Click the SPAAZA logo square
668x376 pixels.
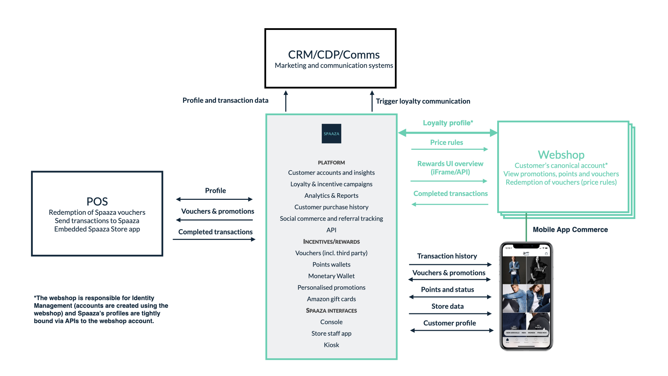tap(331, 134)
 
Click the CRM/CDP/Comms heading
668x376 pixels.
tap(334, 55)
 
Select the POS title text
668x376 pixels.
tap(97, 202)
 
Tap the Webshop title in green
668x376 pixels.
tap(561, 155)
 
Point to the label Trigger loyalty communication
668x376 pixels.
tap(423, 101)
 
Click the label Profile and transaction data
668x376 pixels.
tap(225, 101)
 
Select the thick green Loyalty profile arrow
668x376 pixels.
tap(447, 133)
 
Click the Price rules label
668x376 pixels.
tap(446, 142)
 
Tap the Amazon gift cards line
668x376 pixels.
tap(331, 299)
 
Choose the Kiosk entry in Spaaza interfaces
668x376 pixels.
tap(331, 345)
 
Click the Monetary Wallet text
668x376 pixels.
tap(331, 276)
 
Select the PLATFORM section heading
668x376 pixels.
tap(331, 163)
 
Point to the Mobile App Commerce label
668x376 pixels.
tap(570, 230)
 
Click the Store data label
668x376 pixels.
tap(447, 306)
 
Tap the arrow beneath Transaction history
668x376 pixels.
tap(450, 265)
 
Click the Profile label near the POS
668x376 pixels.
tap(215, 191)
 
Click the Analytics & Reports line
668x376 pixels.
tap(331, 196)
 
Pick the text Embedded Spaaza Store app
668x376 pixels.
tap(97, 229)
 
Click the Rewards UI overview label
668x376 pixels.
tap(450, 168)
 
